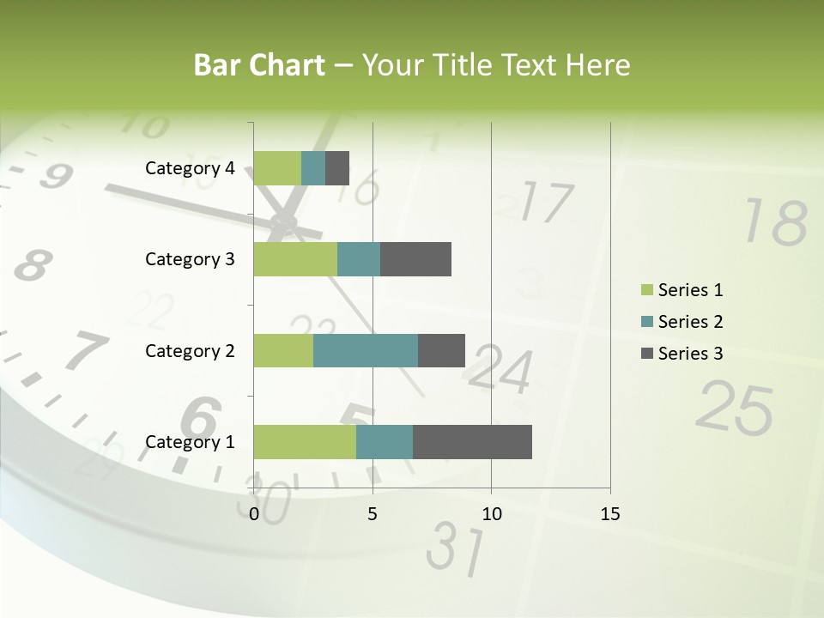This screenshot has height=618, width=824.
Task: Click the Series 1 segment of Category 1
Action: point(305,442)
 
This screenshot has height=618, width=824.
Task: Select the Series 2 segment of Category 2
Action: point(366,350)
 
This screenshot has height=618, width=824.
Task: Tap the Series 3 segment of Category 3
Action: point(415,259)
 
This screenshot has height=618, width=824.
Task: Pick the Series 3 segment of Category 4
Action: point(337,168)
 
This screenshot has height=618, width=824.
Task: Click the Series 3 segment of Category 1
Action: point(472,442)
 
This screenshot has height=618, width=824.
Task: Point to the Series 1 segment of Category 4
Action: point(277,168)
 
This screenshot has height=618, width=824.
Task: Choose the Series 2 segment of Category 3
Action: point(359,259)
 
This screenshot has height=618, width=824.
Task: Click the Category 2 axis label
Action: point(190,350)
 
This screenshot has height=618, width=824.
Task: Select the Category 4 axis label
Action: point(190,168)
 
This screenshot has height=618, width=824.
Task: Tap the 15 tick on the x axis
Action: point(609,514)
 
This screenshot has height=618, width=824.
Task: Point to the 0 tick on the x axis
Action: point(254,514)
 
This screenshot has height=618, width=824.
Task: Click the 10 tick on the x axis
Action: point(491,514)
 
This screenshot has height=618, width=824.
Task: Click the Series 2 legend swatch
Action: point(646,322)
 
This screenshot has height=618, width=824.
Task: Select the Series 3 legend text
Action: point(691,354)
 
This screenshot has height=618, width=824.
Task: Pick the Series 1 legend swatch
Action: point(646,290)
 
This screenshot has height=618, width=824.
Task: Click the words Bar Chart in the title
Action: point(259,65)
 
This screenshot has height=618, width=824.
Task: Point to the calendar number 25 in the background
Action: point(735,408)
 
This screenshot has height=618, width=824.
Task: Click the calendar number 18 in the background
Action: point(775,222)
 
